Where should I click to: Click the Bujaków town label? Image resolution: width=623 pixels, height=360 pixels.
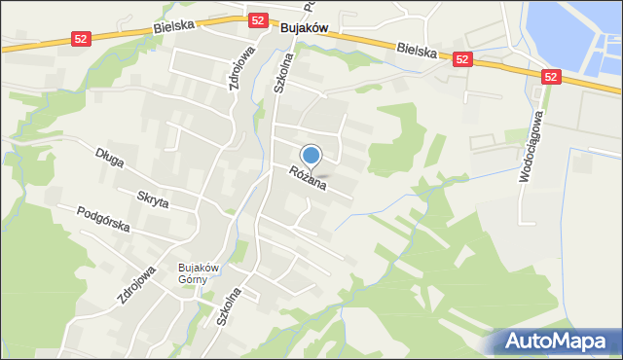click(303, 29)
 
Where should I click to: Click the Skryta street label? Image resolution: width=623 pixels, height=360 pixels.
click(153, 199)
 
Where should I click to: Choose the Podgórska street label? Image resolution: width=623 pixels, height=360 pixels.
click(103, 220)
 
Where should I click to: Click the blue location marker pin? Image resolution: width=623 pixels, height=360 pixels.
click(311, 156)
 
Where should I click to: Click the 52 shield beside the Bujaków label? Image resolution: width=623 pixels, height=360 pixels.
click(258, 19)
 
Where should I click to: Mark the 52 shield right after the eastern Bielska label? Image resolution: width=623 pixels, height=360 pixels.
click(462, 59)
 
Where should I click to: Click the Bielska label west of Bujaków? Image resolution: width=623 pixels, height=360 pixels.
click(173, 28)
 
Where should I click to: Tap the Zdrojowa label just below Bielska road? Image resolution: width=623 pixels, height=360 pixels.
click(236, 69)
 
